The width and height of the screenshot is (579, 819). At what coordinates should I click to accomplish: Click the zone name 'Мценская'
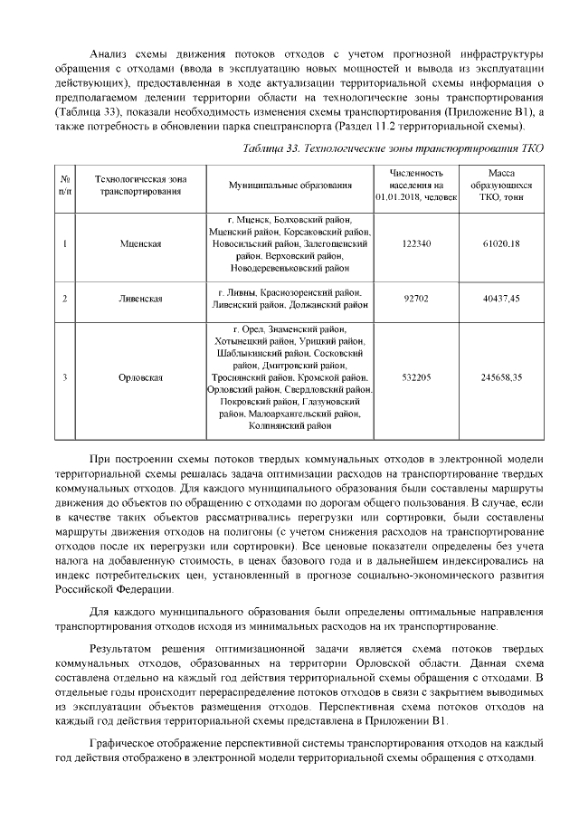pyautogui.click(x=140, y=243)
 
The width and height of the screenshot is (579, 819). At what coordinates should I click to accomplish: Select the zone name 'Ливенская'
pyautogui.click(x=140, y=300)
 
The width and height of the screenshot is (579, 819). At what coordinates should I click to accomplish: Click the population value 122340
pyautogui.click(x=416, y=243)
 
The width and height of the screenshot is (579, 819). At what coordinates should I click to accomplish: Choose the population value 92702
pyautogui.click(x=416, y=300)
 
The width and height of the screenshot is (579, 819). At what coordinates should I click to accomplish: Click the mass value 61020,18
pyautogui.click(x=501, y=243)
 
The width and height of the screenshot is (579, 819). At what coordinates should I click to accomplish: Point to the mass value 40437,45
pyautogui.click(x=501, y=300)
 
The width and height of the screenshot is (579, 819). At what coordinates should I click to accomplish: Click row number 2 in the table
pyautogui.click(x=66, y=300)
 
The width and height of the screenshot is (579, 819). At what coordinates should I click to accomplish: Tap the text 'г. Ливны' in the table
pyautogui.click(x=238, y=293)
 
